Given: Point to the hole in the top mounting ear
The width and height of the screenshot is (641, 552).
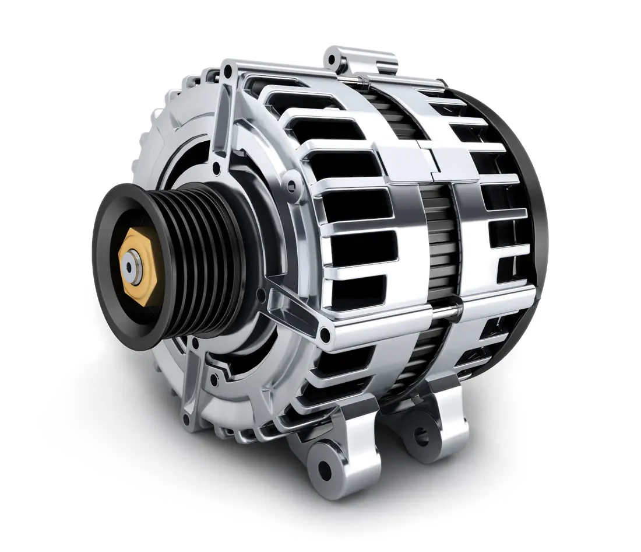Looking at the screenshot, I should pyautogui.click(x=333, y=58).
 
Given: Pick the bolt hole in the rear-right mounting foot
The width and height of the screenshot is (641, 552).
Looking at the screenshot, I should pyautogui.click(x=420, y=435).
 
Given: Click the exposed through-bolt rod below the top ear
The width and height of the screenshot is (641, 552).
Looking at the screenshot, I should pyautogui.click(x=355, y=79).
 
